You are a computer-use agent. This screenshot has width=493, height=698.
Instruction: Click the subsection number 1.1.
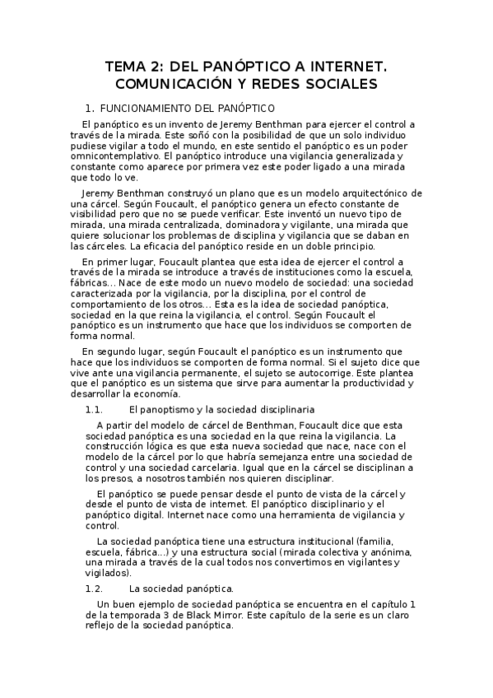[93, 409]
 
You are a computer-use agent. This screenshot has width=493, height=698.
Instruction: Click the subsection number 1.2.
[93, 589]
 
